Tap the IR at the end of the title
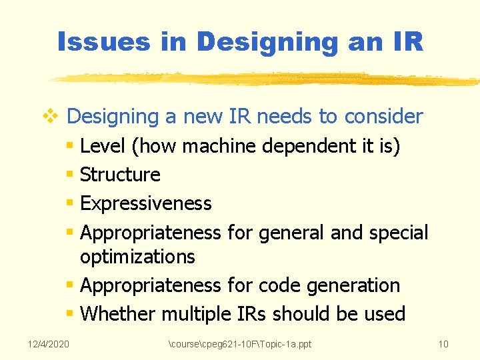(404, 42)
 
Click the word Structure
(120, 175)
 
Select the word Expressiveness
(145, 203)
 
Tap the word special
(399, 233)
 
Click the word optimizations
(137, 256)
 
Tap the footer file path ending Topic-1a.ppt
(240, 344)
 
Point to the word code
(279, 285)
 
